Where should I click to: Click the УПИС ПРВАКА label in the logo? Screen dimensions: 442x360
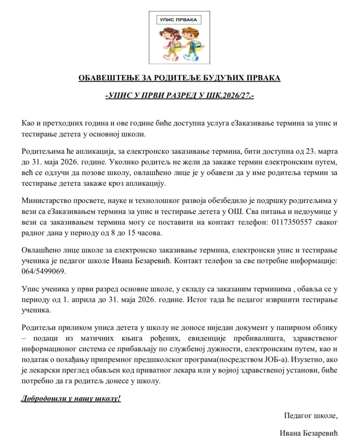[180, 20]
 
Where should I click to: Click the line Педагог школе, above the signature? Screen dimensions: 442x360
[311, 415]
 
